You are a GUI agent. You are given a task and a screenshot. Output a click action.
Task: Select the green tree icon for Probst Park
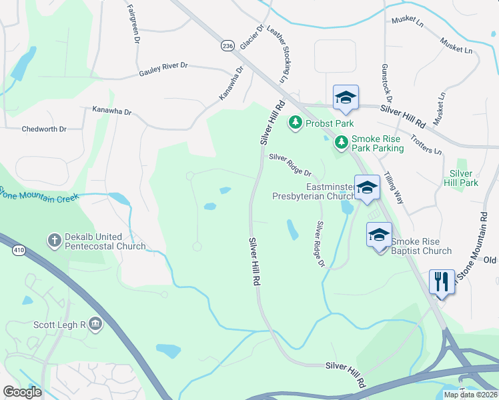tap(295, 123)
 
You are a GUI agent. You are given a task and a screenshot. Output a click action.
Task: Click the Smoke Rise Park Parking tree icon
tap(341, 142)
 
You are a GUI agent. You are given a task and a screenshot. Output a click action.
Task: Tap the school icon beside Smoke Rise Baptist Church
tap(379, 235)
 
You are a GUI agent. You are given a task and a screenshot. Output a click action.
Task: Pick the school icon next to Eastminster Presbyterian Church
tap(366, 188)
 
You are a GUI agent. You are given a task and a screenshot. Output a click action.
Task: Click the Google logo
tap(22, 391)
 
